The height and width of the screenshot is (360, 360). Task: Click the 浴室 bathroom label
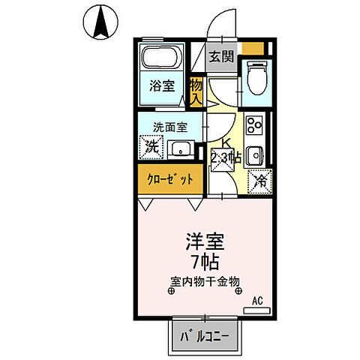pos(161,85)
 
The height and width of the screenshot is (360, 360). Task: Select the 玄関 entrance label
pos(221,56)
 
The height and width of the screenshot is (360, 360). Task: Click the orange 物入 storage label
pos(196,91)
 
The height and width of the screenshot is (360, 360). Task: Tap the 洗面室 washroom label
pos(170,126)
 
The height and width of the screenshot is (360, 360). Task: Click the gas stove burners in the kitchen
pos(253,123)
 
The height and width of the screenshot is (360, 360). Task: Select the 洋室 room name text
pos(205,243)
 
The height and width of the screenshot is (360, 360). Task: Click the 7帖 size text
pos(204,262)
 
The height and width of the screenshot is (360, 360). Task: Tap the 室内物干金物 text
pos(204,282)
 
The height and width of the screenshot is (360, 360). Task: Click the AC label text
pos(257,301)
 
